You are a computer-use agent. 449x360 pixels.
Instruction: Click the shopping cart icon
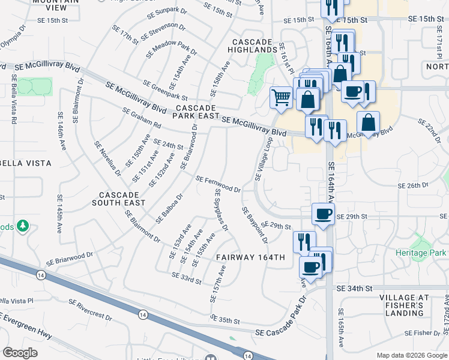281,97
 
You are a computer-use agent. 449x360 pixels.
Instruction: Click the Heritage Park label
421,253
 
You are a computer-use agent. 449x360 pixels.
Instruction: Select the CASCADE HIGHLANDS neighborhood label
256,45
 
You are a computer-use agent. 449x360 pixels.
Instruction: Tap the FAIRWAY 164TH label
251,257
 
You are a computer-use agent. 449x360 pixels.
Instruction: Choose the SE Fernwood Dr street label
218,184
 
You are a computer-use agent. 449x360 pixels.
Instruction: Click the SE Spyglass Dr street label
221,209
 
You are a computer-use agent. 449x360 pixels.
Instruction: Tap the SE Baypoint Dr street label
255,226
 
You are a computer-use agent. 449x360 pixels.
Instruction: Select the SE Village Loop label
264,158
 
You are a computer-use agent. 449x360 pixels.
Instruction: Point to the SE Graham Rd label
142,118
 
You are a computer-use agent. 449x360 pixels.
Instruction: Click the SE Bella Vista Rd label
13,99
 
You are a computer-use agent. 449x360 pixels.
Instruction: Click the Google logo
20,353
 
